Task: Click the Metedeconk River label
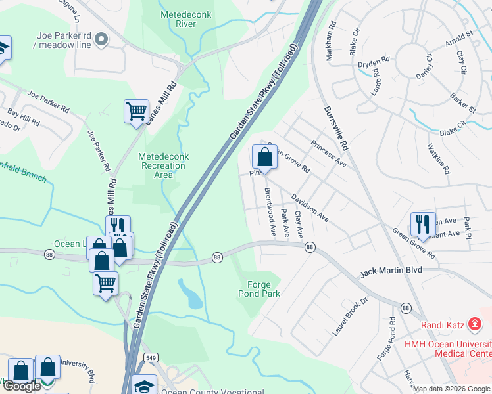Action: click(x=178, y=19)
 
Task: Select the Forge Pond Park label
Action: click(x=263, y=289)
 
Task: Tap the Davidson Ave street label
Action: click(x=310, y=206)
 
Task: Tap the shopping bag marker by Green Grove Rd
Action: click(x=264, y=158)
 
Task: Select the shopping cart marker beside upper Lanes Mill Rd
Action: click(x=136, y=111)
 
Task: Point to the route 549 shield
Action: click(x=151, y=357)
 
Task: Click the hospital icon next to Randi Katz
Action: click(x=473, y=324)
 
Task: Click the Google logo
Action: click(x=21, y=386)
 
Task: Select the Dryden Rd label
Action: click(x=374, y=63)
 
